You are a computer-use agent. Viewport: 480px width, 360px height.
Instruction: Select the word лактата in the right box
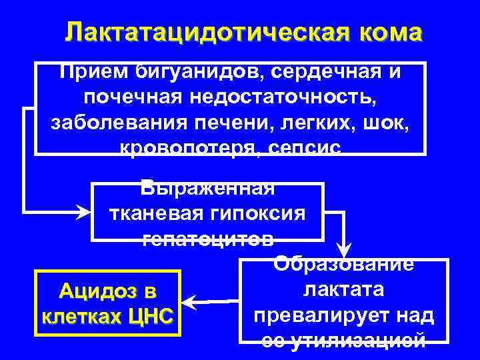(x=343, y=291)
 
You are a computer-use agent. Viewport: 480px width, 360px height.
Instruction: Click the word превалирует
(x=314, y=315)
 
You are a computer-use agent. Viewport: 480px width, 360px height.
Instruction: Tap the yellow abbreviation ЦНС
(x=145, y=314)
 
